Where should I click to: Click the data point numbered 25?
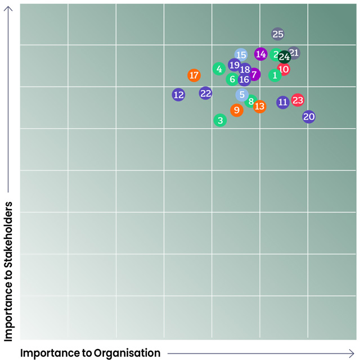pos(278,34)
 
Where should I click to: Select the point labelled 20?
pos(309,117)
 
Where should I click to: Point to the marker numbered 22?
pos(206,93)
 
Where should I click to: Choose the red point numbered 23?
pos(298,101)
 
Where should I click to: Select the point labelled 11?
pos(283,102)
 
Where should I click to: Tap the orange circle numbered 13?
pos(259,106)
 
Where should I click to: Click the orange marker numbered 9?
pos(237,110)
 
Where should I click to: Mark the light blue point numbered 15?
pos(241,55)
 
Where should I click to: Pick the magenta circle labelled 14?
pos(260,55)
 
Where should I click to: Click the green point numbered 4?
pos(219,69)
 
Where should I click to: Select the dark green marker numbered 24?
pos(284,57)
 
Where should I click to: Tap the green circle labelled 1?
pos(275,75)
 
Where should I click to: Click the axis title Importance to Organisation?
pos(90,353)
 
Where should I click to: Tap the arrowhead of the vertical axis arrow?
pos(8,10)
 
